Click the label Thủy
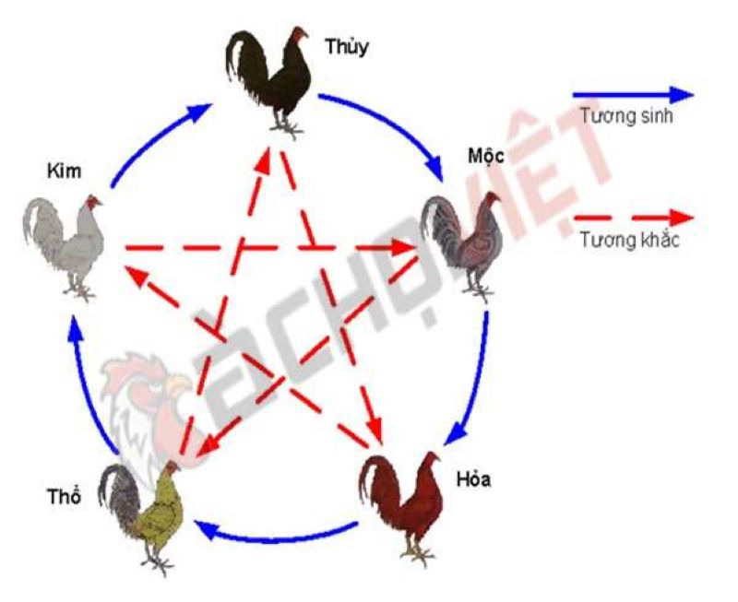(x=347, y=48)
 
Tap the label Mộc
(x=485, y=155)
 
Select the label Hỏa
(x=473, y=479)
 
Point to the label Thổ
(x=64, y=497)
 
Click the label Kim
(x=64, y=171)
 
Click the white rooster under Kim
(x=64, y=248)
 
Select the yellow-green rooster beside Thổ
(x=140, y=518)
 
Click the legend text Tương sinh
(x=626, y=115)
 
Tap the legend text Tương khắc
(x=629, y=240)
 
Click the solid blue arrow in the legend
(x=633, y=95)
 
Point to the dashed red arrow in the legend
(x=634, y=218)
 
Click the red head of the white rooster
(x=93, y=203)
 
